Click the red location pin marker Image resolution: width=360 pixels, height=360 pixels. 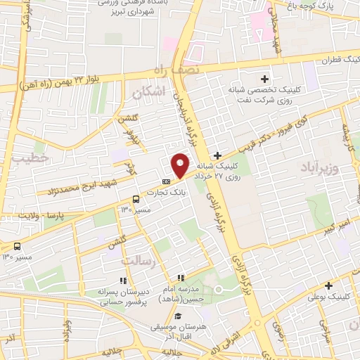pyautogui.click(x=180, y=165)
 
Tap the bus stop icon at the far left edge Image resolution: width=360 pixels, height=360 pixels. pyautogui.click(x=17, y=246)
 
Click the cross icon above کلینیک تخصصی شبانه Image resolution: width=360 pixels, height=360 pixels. pyautogui.click(x=264, y=79)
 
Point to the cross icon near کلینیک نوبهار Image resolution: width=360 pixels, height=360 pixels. pyautogui.click(x=328, y=285)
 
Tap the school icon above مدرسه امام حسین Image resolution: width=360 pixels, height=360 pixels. pyautogui.click(x=181, y=278)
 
